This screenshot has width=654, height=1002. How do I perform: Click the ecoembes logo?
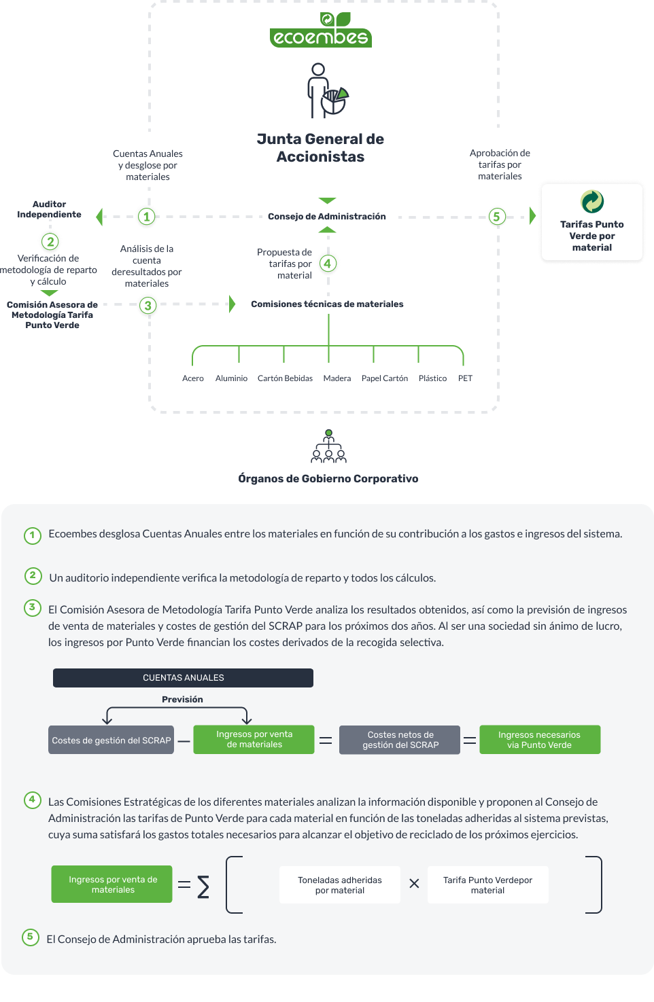(x=320, y=29)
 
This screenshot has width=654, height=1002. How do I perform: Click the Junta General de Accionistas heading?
(x=320, y=147)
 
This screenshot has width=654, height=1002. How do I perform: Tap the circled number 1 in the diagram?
(x=146, y=217)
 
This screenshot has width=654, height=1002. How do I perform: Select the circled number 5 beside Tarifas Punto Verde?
(x=496, y=217)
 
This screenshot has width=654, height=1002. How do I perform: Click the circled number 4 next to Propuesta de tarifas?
(x=328, y=264)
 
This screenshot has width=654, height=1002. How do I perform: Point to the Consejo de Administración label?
(x=327, y=217)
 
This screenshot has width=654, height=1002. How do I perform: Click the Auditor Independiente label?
(x=49, y=209)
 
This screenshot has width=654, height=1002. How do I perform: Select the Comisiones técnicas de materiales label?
(x=327, y=304)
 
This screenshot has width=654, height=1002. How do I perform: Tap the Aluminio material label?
(x=231, y=378)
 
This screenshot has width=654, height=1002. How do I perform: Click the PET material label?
(x=465, y=378)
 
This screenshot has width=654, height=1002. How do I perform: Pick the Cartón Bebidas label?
(x=285, y=378)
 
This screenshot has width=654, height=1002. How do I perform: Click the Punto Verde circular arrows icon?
(x=591, y=201)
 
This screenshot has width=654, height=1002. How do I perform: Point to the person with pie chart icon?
(x=327, y=91)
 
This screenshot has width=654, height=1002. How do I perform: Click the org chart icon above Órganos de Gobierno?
(x=328, y=446)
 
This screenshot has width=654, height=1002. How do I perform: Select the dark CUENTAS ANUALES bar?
(x=183, y=678)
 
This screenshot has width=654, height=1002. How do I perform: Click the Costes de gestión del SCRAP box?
(x=111, y=740)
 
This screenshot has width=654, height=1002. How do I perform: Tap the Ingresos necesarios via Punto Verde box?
(x=539, y=740)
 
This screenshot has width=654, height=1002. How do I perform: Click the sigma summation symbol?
(x=203, y=887)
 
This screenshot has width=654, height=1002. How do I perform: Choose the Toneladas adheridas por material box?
(x=340, y=884)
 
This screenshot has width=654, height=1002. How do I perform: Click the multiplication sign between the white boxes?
(x=414, y=884)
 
